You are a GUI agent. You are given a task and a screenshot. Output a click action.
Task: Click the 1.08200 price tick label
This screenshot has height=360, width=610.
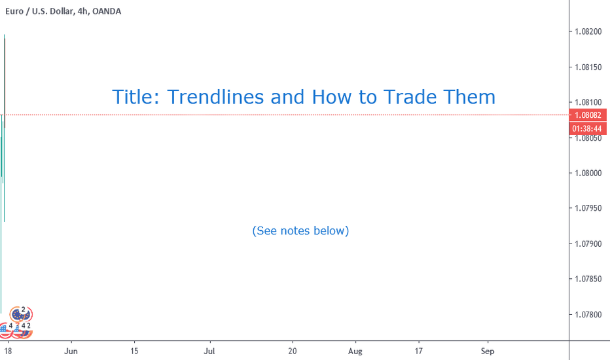click(588, 31)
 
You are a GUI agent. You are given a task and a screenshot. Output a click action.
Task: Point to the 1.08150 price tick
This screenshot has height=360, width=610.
click(588, 67)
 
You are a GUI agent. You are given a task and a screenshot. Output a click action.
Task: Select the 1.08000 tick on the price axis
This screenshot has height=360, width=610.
click(588, 173)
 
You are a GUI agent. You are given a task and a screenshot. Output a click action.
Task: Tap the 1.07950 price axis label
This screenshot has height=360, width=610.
click(588, 208)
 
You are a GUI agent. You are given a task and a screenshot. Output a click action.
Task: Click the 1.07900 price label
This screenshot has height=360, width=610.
click(588, 244)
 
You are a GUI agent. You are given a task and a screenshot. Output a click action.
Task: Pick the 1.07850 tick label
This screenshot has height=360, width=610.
click(588, 279)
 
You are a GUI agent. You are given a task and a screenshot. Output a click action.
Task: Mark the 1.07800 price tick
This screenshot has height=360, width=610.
click(588, 314)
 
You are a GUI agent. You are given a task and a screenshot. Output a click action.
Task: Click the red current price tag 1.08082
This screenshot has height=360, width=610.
click(588, 115)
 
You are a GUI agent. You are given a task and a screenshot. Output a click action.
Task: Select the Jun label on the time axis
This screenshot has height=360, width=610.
click(71, 351)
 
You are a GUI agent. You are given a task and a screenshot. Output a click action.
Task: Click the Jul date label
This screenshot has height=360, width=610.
click(209, 351)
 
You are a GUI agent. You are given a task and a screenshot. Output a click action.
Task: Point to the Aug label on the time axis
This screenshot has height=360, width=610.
click(355, 351)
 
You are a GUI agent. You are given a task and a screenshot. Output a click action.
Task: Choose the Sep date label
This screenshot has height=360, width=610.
click(488, 351)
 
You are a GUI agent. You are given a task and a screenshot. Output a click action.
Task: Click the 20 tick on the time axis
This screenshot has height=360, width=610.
click(293, 351)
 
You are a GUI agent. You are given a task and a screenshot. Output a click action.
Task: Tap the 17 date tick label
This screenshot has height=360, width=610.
click(419, 351)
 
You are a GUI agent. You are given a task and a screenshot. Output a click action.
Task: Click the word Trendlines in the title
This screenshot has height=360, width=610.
click(215, 97)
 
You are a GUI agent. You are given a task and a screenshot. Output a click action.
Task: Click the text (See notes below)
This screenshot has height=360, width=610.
click(300, 231)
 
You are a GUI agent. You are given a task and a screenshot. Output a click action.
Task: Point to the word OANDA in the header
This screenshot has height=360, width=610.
click(107, 11)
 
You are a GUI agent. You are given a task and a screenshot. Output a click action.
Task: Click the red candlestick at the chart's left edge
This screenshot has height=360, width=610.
click(5, 83)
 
